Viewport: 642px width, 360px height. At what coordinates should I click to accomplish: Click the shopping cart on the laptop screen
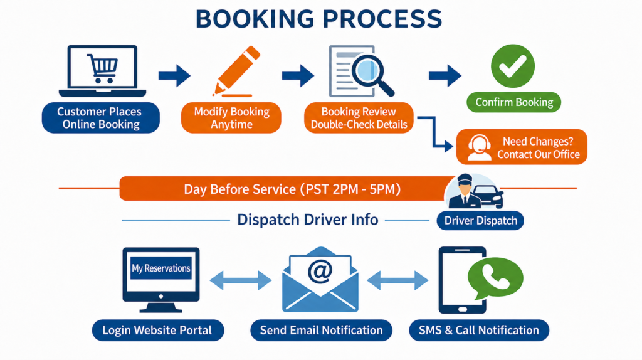(x=102, y=68)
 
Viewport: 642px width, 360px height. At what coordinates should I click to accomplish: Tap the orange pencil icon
(x=236, y=71)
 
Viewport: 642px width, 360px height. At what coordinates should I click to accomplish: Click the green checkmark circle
(x=513, y=66)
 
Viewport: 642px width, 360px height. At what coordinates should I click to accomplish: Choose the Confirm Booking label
(x=514, y=102)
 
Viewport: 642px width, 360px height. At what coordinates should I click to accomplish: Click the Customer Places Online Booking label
(x=101, y=117)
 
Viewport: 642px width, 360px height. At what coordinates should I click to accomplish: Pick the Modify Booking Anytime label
(x=231, y=117)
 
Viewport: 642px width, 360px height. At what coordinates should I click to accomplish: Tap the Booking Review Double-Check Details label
(x=359, y=117)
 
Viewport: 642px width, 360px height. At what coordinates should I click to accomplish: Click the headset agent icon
(x=479, y=147)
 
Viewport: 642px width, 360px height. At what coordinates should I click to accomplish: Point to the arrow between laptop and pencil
(x=174, y=76)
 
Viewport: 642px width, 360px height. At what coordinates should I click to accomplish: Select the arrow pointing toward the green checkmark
(x=445, y=76)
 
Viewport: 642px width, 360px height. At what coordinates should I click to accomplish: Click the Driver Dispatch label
(x=480, y=220)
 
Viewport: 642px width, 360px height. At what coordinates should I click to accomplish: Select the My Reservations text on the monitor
(x=161, y=268)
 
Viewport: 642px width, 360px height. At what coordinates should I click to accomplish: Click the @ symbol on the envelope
(x=320, y=271)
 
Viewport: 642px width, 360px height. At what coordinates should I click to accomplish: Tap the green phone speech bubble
(x=495, y=278)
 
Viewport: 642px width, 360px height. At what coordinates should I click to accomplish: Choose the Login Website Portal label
(x=157, y=330)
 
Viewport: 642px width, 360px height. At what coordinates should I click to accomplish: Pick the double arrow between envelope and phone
(x=397, y=280)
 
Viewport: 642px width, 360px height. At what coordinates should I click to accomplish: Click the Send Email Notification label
(x=321, y=330)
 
